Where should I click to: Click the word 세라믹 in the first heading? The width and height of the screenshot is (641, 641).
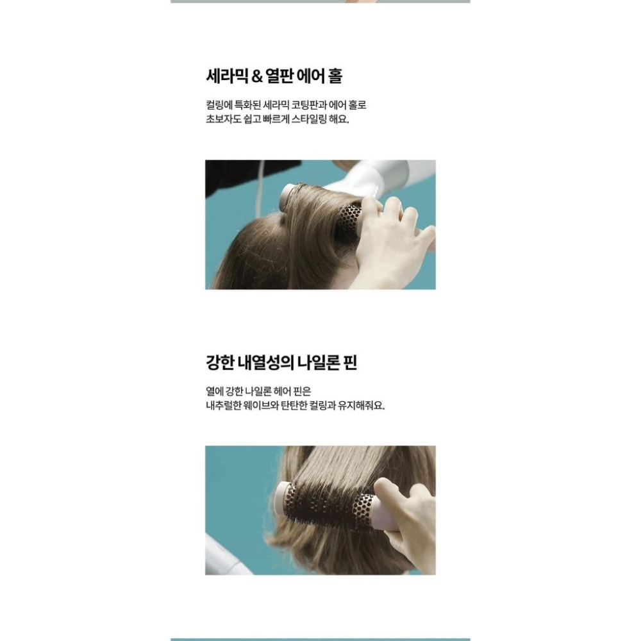(227, 76)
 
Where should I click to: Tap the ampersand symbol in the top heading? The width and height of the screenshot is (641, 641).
(257, 77)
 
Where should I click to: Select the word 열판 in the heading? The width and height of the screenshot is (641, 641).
(279, 76)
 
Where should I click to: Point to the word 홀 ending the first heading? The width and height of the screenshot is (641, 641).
(335, 76)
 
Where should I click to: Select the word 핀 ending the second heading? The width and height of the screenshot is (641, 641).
(351, 363)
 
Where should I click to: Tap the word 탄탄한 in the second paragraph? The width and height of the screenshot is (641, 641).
(294, 406)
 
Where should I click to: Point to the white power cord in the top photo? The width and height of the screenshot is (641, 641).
(259, 188)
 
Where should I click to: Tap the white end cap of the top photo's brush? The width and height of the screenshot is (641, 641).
(286, 197)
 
